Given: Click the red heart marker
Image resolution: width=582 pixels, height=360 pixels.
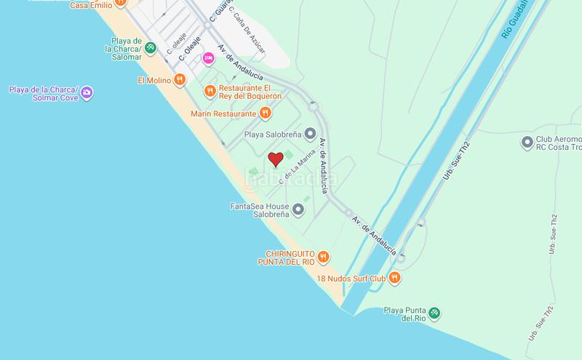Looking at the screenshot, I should (276, 159).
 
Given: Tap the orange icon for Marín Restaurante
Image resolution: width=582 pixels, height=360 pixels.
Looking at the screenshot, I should (266, 113).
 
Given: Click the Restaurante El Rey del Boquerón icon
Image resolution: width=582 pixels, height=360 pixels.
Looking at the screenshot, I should (210, 90).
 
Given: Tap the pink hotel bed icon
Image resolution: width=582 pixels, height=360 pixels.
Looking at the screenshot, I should (208, 58).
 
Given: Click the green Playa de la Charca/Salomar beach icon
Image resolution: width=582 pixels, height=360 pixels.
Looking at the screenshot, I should (150, 48).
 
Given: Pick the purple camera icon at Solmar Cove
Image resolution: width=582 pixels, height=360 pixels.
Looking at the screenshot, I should (87, 92).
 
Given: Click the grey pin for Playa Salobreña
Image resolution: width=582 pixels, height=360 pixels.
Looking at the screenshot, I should (311, 134).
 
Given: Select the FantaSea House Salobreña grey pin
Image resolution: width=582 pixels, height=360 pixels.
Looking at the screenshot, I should (298, 210).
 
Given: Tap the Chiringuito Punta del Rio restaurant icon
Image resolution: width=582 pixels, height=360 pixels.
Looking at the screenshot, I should (324, 257).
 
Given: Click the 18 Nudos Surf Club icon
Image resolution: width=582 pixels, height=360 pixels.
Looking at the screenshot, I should (394, 277).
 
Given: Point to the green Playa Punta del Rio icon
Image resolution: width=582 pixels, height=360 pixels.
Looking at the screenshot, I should (434, 313).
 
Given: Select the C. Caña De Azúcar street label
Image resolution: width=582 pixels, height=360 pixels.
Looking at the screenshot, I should (248, 33).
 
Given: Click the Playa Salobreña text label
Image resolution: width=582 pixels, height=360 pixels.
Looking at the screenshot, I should (273, 134).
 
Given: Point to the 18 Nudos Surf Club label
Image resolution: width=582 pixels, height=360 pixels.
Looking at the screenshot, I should (351, 278).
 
